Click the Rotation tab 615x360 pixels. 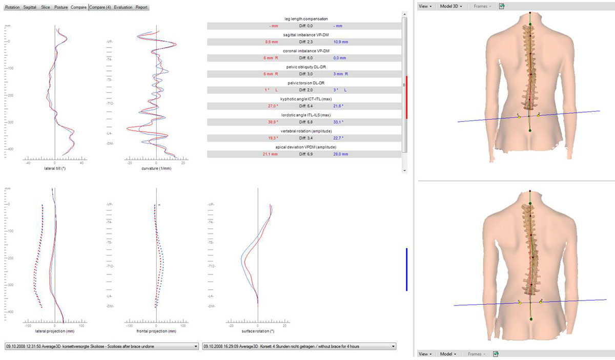[12, 8]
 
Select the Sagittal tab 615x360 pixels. [30, 8]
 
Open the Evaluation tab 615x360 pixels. [124, 8]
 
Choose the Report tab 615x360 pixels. [142, 8]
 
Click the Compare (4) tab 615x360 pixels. [100, 8]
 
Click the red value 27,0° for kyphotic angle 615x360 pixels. [273, 105]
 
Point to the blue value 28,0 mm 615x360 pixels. [340, 154]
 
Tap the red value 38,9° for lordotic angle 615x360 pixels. [273, 122]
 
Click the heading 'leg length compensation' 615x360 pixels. [306, 18]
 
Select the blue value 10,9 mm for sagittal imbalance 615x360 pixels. [340, 41]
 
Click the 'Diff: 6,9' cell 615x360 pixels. [306, 154]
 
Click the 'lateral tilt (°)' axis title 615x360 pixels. [54, 167]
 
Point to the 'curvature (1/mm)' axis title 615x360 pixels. [156, 167]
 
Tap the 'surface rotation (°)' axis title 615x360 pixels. [257, 331]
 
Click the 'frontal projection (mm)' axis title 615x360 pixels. [156, 331]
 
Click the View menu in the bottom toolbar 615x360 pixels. [425, 354]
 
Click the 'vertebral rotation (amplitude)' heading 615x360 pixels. [306, 131]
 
